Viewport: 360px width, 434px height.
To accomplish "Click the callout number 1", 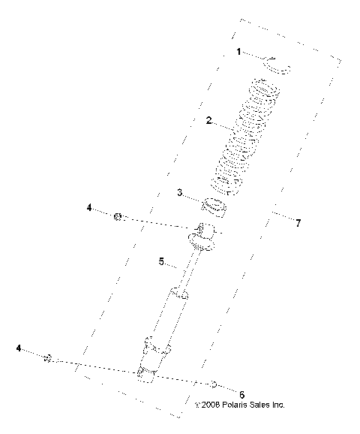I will pyautogui.click(x=238, y=52).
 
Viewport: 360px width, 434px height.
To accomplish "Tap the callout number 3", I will pyautogui.click(x=179, y=193).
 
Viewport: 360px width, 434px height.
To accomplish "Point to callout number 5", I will pyautogui.click(x=160, y=261).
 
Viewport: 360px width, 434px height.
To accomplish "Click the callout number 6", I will pyautogui.click(x=241, y=393).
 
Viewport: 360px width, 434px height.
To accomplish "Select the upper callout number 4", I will pyautogui.click(x=88, y=207).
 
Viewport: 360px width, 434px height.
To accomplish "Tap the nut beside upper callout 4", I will pyautogui.click(x=118, y=217).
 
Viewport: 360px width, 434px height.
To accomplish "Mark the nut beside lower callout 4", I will pyautogui.click(x=47, y=360).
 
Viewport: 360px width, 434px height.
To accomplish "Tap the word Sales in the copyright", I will pyautogui.click(x=259, y=404).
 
